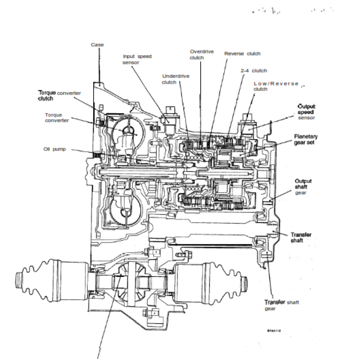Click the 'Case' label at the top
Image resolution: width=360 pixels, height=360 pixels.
97,45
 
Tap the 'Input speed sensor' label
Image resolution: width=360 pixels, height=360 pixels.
137,59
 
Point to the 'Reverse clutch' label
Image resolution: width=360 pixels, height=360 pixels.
242,54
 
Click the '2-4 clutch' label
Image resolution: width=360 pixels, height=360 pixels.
253,71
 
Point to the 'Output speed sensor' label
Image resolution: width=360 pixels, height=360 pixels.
306,112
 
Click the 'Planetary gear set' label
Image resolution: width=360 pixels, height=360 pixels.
306,139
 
